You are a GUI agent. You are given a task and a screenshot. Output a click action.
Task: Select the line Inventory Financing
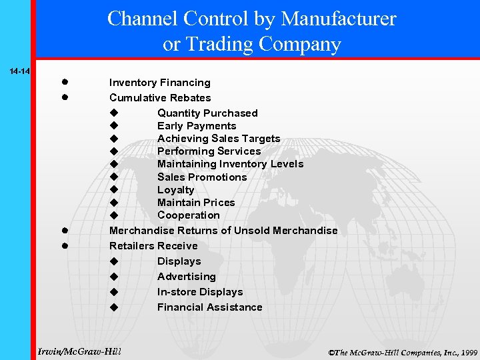click(160, 83)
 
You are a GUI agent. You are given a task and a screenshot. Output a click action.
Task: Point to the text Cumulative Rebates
click(160, 98)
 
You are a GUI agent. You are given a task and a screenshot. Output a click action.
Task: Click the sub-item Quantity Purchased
click(207, 113)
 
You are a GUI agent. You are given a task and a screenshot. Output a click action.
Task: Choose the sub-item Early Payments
click(197, 126)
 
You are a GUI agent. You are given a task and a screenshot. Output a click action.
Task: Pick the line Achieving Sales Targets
click(219, 139)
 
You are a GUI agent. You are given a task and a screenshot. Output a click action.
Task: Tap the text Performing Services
click(209, 151)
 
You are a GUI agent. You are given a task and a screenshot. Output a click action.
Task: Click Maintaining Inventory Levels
click(230, 164)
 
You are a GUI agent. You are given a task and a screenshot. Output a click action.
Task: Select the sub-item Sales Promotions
click(202, 177)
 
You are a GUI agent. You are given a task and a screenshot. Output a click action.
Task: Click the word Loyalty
click(176, 190)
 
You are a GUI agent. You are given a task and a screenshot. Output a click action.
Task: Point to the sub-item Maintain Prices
click(196, 203)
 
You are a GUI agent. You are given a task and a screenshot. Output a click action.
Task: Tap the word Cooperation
click(189, 215)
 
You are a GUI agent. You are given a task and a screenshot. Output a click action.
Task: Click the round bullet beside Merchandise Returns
click(67, 231)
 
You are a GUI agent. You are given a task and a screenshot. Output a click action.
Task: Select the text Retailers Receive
click(153, 246)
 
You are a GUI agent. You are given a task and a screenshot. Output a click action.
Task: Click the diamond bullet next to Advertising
click(114, 277)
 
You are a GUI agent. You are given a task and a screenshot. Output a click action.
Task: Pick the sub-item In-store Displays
click(200, 292)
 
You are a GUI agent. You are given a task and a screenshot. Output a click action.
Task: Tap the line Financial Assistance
click(210, 307)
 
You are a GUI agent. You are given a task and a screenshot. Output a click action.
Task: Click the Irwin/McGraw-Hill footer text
click(79, 351)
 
